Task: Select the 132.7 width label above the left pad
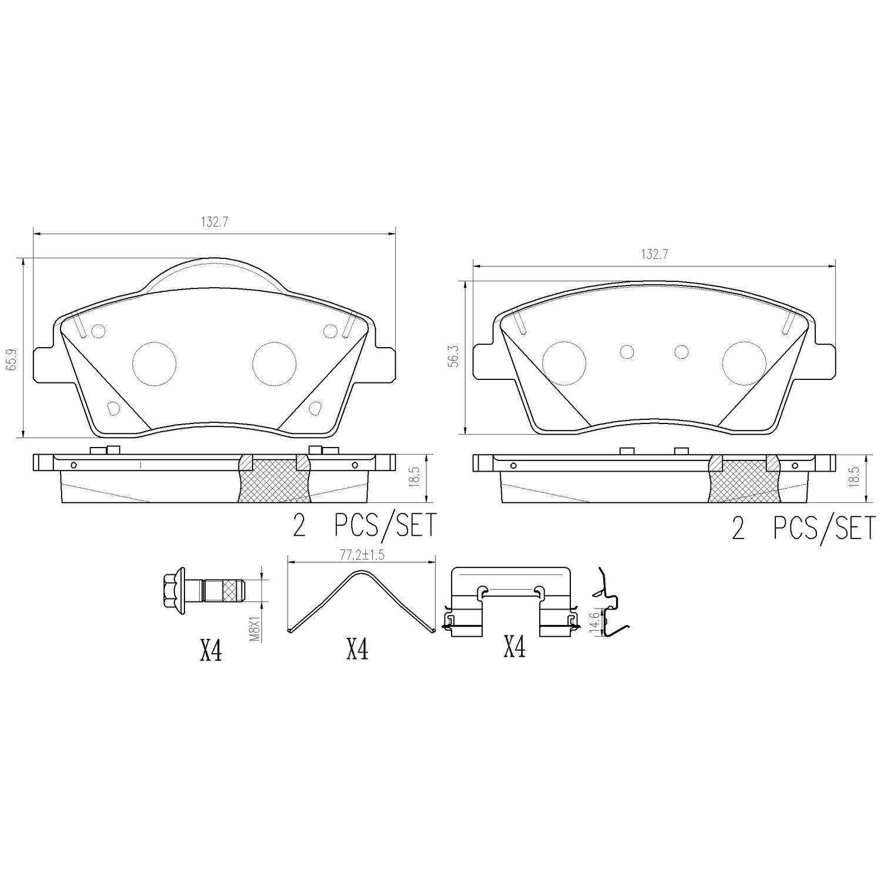(214, 222)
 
